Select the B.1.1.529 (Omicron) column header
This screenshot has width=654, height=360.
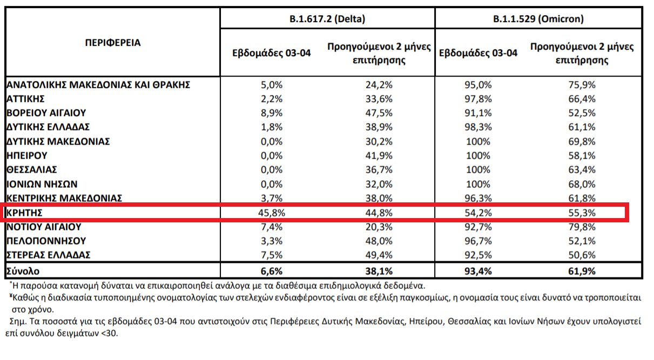[x=538, y=19]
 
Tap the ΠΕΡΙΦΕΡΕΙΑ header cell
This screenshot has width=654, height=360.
[x=113, y=43]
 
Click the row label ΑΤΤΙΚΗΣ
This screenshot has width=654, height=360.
[x=25, y=99]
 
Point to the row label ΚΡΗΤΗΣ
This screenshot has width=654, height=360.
[x=25, y=212]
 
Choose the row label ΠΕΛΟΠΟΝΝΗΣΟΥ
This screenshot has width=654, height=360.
[x=46, y=241]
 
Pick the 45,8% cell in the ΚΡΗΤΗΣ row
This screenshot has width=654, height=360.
[x=272, y=212]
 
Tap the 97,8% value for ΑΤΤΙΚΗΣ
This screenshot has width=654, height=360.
[x=478, y=99]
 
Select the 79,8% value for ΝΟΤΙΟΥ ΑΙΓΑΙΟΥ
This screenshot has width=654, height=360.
[x=582, y=227]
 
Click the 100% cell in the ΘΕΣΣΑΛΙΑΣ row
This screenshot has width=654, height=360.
[x=478, y=169]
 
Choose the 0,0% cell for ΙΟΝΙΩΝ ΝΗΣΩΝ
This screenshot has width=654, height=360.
[x=272, y=184]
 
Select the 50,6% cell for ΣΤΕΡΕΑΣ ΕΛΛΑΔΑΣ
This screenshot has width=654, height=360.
[x=582, y=255]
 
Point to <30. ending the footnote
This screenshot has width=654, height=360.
[x=110, y=333]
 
